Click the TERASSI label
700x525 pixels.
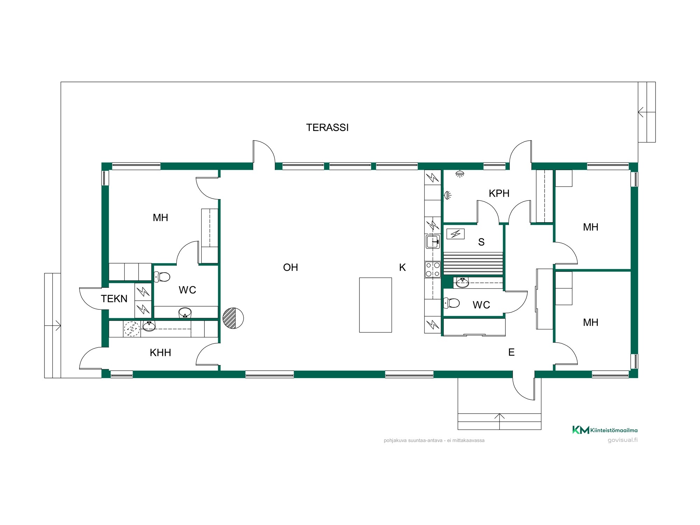[x=327, y=127]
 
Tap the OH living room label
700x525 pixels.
[x=290, y=267]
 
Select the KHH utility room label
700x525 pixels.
[x=160, y=352]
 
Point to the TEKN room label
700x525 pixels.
[x=114, y=299]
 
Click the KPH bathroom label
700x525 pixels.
[x=499, y=193]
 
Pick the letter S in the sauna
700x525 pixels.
[x=481, y=242]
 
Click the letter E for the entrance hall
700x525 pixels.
[x=511, y=352]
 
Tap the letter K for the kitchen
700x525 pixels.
[x=402, y=267]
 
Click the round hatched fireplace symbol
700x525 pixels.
[x=233, y=318]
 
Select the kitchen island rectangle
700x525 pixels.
[x=376, y=305]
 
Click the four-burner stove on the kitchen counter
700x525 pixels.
[x=433, y=269]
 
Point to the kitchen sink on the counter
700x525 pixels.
[x=433, y=241]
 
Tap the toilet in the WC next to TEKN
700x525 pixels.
[x=162, y=277]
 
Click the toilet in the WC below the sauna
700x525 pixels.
[x=451, y=303]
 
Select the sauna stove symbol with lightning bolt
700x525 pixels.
[x=455, y=234]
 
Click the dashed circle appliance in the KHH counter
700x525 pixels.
[x=132, y=329]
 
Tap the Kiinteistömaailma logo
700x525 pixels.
[x=605, y=430]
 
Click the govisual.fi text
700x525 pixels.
[x=623, y=440]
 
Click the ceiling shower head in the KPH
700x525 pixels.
[x=460, y=174]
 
